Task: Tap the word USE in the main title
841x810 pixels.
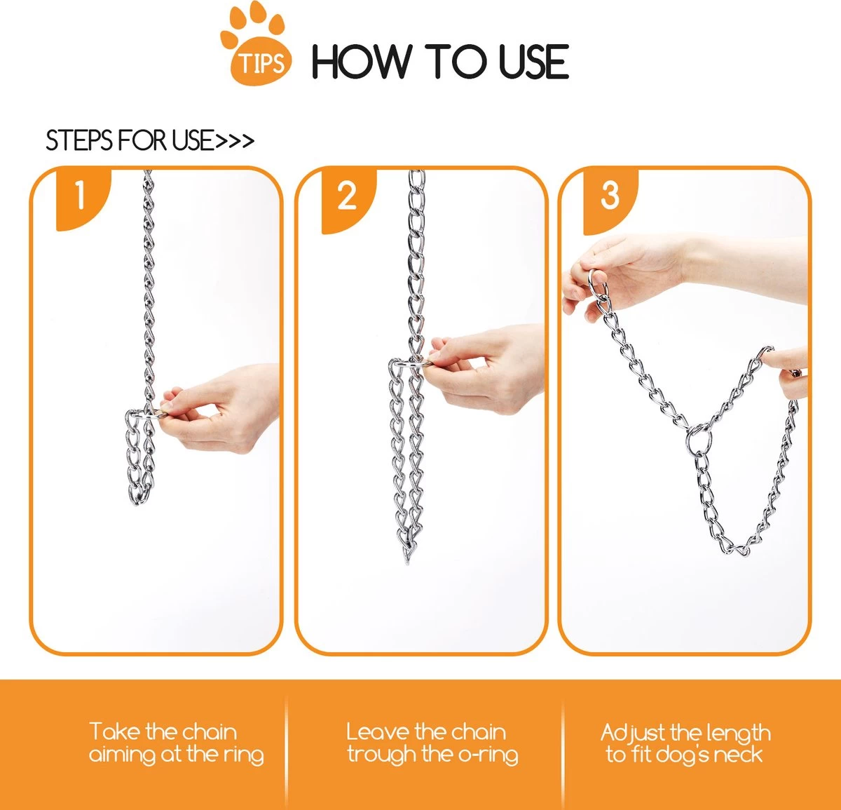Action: pyautogui.click(x=533, y=62)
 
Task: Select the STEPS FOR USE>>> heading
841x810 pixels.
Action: pyautogui.click(x=149, y=141)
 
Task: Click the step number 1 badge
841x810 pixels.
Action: pyautogui.click(x=81, y=196)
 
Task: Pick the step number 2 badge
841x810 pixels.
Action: pyautogui.click(x=346, y=196)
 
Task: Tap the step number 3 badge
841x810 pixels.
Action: pyautogui.click(x=610, y=196)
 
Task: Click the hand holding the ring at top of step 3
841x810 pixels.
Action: pyautogui.click(x=631, y=270)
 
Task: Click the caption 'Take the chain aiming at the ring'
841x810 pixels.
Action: pyautogui.click(x=176, y=743)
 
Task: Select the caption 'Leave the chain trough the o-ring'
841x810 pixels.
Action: pyautogui.click(x=432, y=743)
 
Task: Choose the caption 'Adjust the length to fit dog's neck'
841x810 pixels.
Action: pyautogui.click(x=685, y=743)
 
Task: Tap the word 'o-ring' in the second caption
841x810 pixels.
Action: pyautogui.click(x=488, y=755)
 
